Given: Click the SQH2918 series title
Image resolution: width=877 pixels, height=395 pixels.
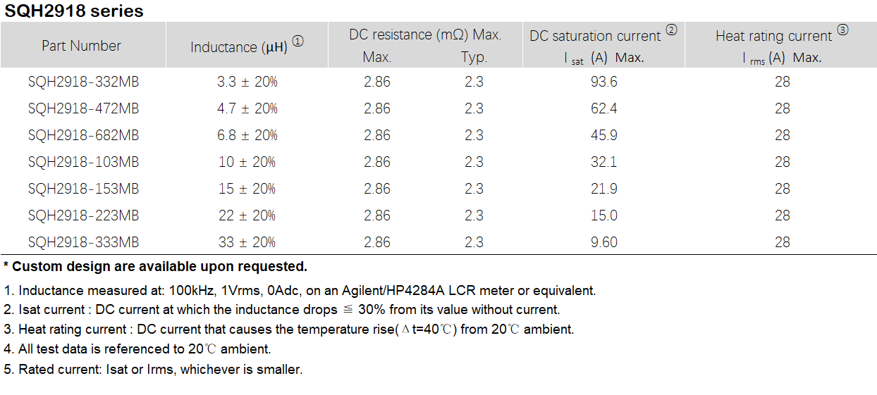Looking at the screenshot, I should point(74,11).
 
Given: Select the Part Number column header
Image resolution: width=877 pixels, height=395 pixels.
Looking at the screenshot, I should point(81,46).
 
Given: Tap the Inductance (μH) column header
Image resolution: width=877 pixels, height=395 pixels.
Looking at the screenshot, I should point(239,47).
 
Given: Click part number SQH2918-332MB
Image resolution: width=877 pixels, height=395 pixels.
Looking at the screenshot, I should point(83,82).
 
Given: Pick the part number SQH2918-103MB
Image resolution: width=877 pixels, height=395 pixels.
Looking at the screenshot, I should point(83,162).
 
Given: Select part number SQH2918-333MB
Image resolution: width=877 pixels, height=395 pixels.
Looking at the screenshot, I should point(83,242).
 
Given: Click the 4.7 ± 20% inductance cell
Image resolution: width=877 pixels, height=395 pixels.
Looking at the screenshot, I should point(247,108).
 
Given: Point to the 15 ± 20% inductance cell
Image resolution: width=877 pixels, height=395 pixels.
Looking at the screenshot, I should point(247,189).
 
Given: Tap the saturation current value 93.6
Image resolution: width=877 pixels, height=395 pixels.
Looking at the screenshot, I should point(603,82).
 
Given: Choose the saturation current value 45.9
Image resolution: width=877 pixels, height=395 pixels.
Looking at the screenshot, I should point(603,135).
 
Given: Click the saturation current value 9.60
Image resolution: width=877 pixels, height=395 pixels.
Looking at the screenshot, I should point(603,242).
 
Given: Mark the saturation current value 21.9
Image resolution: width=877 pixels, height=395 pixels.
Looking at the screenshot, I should point(603,189).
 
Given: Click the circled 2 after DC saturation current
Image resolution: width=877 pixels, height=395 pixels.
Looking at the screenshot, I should point(671,30).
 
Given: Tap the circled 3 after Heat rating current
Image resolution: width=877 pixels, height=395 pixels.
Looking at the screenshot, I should point(842,30).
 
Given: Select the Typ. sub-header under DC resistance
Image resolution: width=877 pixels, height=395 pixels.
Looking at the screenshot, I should point(474,58).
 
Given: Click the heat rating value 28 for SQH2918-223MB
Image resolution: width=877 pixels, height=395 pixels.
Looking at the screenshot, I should point(782,215).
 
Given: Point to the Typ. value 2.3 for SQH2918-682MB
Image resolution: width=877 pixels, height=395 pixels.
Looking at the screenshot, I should point(474,135).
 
